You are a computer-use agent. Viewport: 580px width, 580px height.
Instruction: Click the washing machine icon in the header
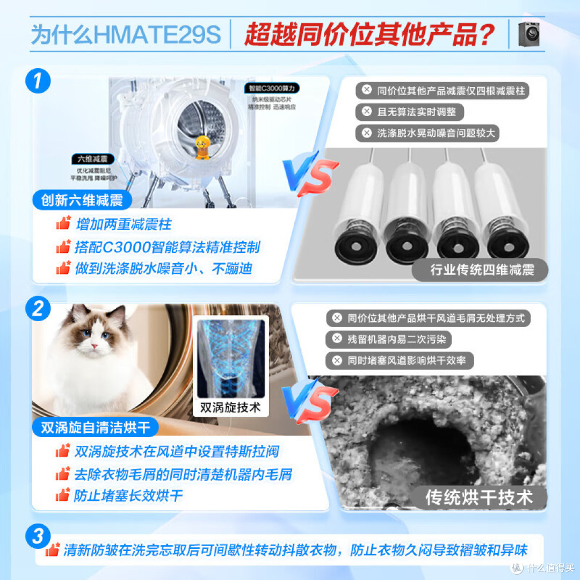[528, 34]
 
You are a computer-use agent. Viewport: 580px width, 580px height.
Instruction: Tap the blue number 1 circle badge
[38, 82]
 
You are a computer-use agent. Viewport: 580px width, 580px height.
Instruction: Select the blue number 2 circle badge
[38, 309]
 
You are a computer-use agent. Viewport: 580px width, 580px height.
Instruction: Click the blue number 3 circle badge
[38, 536]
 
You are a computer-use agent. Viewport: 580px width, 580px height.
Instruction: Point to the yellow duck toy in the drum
[202, 147]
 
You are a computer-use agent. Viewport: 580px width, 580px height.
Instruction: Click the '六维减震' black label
[92, 160]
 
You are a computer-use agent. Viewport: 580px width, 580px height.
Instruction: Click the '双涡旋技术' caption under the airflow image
[230, 407]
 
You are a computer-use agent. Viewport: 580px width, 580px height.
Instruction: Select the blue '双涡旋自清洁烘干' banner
[95, 427]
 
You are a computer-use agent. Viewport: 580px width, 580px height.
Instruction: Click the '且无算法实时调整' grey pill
[410, 112]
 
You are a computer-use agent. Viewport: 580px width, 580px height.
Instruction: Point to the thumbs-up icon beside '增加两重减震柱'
[63, 223]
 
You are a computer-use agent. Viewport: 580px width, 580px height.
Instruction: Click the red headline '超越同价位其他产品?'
[369, 34]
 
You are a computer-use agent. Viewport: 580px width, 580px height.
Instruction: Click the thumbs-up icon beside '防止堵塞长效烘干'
[63, 495]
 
